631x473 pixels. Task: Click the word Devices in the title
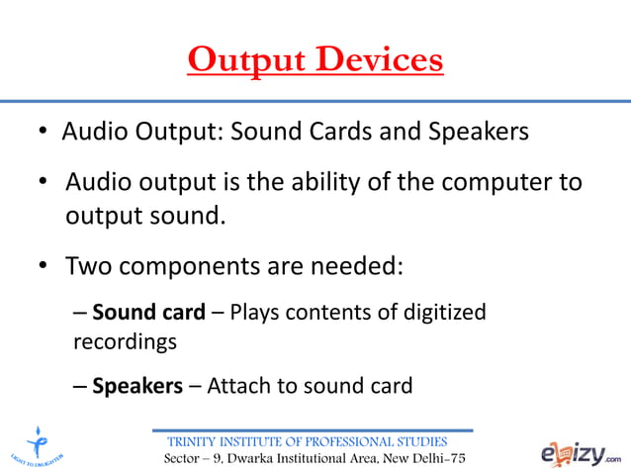(x=378, y=60)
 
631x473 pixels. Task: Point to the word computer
(x=499, y=184)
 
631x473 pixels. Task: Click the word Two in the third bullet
(x=88, y=266)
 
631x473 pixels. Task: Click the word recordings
(x=125, y=342)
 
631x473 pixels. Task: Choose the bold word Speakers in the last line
(x=137, y=386)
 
